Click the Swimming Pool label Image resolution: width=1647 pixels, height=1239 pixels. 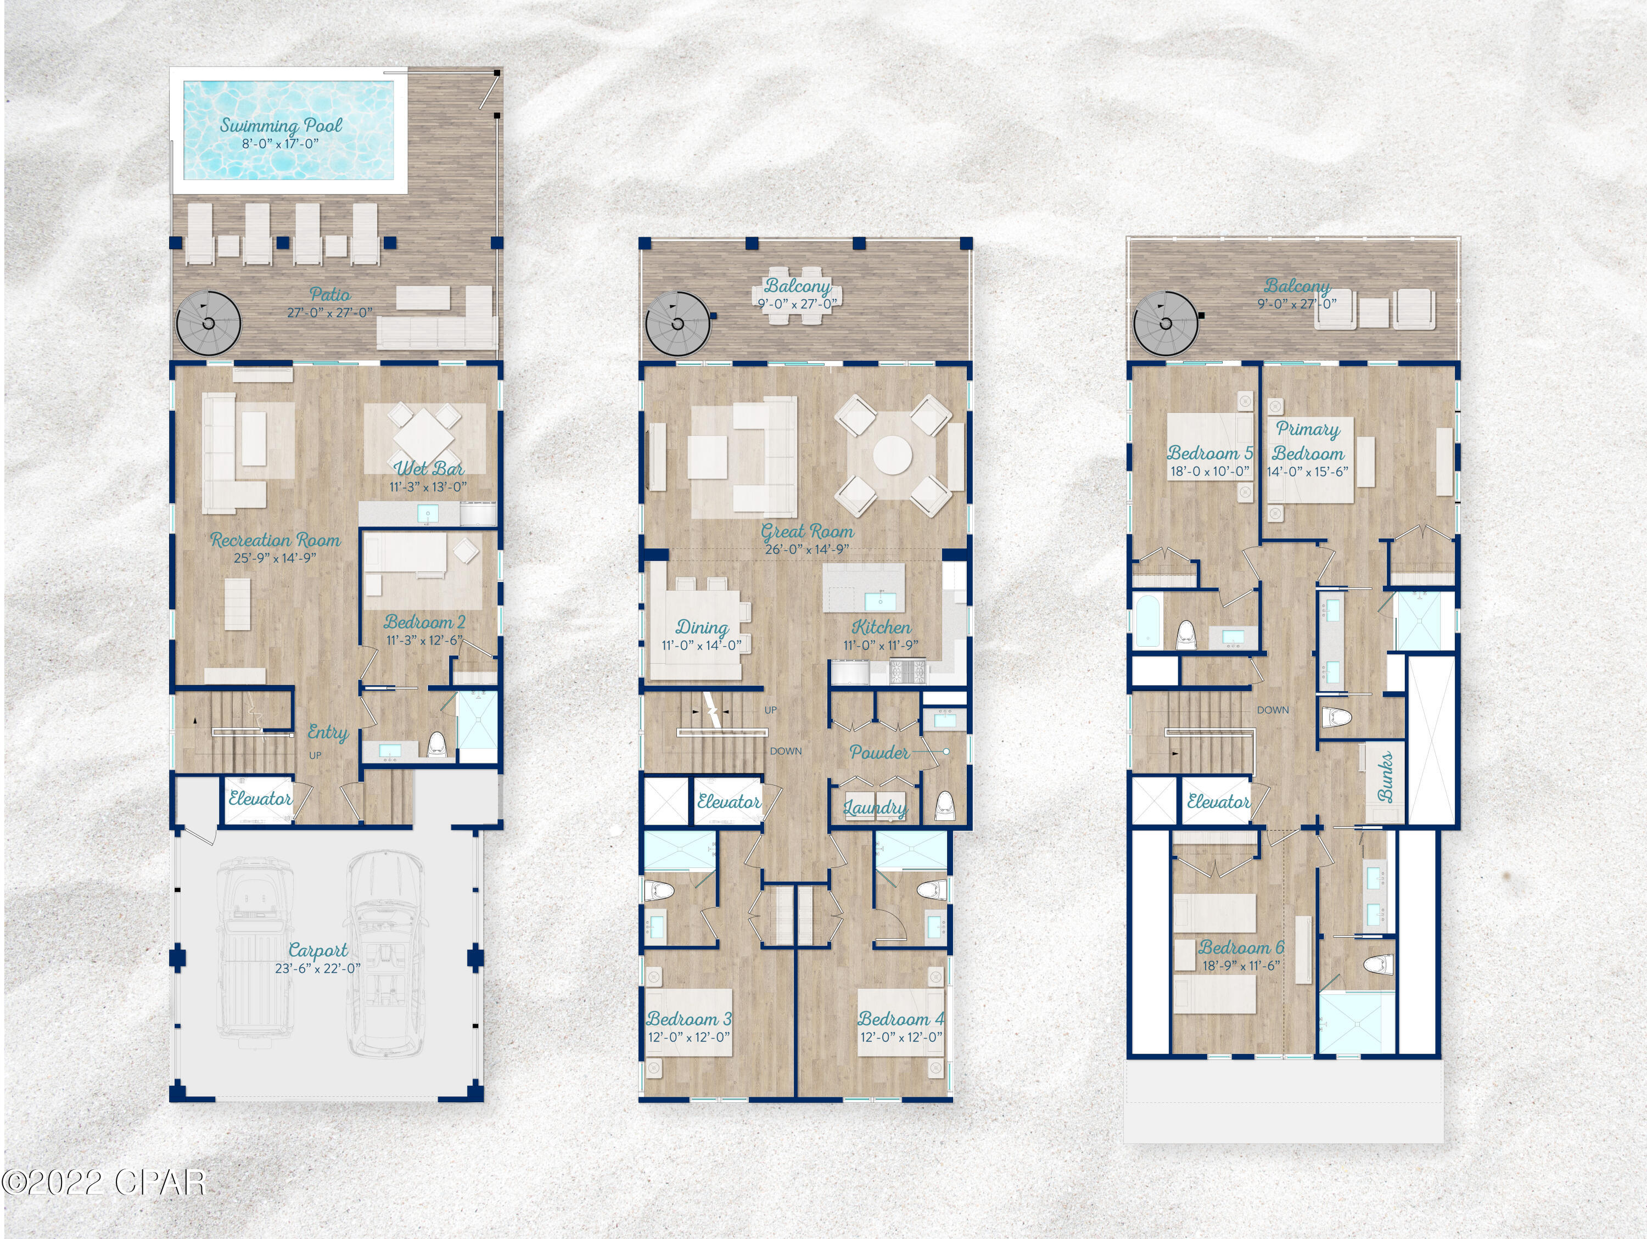pyautogui.click(x=281, y=125)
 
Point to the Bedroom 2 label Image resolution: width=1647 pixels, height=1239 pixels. pyautogui.click(x=424, y=622)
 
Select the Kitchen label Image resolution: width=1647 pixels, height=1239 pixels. pyautogui.click(x=881, y=627)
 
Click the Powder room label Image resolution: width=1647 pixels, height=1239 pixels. pyautogui.click(x=879, y=752)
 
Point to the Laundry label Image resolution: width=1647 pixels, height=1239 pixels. pyautogui.click(x=875, y=807)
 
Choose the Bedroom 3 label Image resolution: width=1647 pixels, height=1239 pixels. pyautogui.click(x=689, y=1019)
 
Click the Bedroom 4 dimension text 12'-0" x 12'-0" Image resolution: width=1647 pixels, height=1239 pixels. pyautogui.click(x=901, y=1037)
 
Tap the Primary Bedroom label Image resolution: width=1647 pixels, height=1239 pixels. pyautogui.click(x=1308, y=441)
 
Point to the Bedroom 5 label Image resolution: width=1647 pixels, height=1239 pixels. pyautogui.click(x=1210, y=453)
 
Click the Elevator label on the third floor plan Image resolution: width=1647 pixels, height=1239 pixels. pyautogui.click(x=1218, y=802)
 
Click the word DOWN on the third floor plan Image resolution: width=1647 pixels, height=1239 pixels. pyautogui.click(x=1273, y=710)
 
